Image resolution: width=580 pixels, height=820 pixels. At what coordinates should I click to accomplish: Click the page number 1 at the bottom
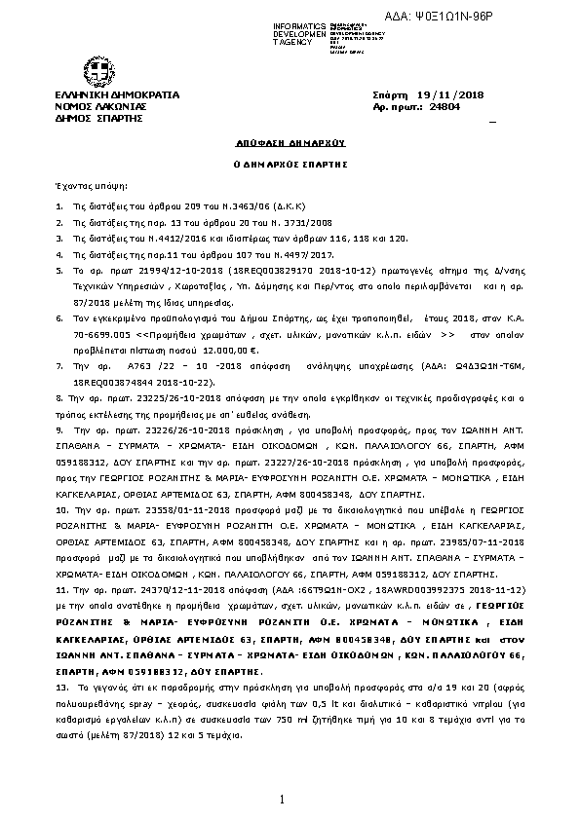point(280,800)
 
